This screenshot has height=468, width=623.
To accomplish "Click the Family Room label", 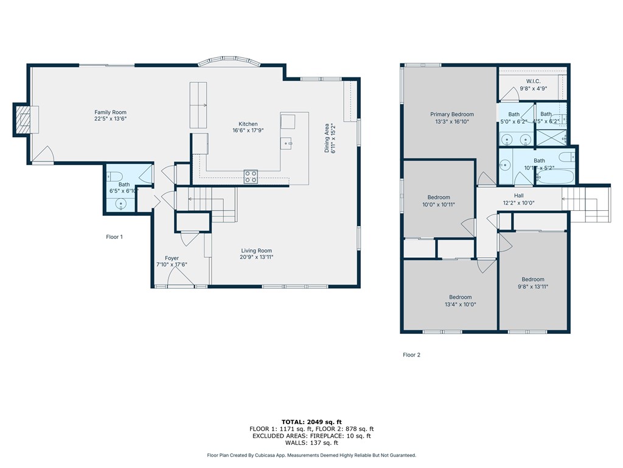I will (x=110, y=112).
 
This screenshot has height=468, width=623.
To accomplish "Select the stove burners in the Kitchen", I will (x=251, y=176).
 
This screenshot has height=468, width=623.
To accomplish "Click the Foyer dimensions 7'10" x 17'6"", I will (x=172, y=264).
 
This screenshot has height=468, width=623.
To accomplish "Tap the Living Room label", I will (x=256, y=250).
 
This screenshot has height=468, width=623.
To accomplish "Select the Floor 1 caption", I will (x=114, y=237).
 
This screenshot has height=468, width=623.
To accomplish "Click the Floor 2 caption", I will (x=411, y=355).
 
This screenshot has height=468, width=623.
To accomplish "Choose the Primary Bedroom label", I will (x=451, y=114).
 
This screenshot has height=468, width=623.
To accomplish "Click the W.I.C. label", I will (x=533, y=81).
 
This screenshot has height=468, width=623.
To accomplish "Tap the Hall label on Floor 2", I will (x=518, y=196).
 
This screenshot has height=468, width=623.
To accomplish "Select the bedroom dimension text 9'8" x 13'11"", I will (x=533, y=286).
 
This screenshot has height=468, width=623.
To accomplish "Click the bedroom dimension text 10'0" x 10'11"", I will (x=439, y=204).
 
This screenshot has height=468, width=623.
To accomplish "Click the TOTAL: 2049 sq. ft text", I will (x=311, y=422).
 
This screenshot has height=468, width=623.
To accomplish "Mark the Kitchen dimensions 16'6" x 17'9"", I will (x=248, y=130).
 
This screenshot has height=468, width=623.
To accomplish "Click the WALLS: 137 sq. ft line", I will (x=311, y=443).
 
